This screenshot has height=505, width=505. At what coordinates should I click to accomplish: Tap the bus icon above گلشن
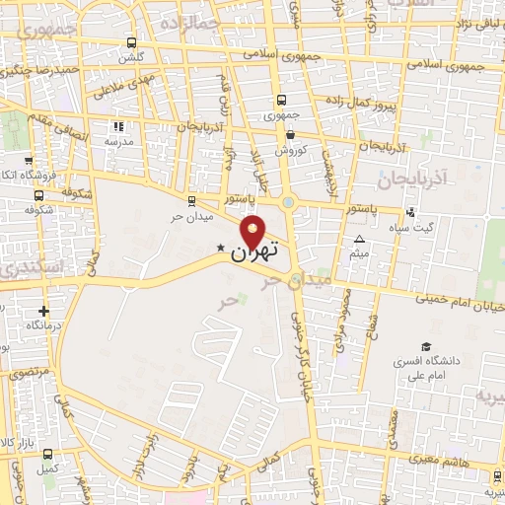click(x=132, y=42)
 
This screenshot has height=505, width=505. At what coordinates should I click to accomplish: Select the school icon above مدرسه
click(x=119, y=126)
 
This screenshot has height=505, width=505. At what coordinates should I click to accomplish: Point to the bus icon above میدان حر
click(x=191, y=200)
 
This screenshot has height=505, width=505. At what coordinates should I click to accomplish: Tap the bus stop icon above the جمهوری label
click(x=282, y=100)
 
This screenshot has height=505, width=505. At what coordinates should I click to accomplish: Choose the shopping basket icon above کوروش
click(x=290, y=134)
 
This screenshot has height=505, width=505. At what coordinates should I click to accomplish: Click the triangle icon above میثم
click(x=359, y=240)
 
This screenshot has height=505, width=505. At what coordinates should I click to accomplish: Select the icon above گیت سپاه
click(x=410, y=212)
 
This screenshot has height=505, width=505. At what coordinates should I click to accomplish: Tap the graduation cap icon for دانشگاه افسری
click(x=426, y=346)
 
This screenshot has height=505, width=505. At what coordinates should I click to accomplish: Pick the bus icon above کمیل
click(x=46, y=453)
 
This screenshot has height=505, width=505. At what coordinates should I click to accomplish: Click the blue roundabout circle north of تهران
click(x=288, y=203)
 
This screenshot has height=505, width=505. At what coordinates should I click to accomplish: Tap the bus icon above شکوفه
click(x=38, y=193)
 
